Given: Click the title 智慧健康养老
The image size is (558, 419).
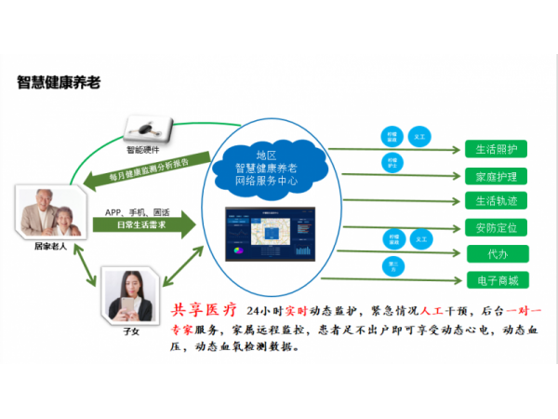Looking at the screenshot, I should (59, 83).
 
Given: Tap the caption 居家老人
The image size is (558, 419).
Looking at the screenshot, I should (46, 248).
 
